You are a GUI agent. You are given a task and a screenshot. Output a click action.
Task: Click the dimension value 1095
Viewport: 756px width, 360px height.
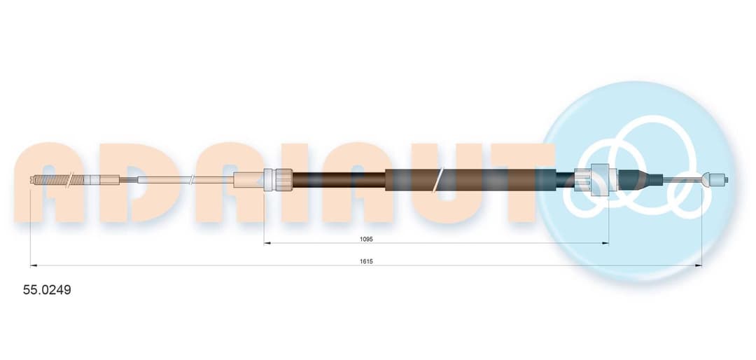pyautogui.click(x=366, y=238)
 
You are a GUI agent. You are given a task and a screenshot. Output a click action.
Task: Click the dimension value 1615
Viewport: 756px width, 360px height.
pyautogui.click(x=366, y=261)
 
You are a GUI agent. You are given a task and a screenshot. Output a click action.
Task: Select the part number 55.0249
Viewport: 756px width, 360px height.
pyautogui.click(x=48, y=290)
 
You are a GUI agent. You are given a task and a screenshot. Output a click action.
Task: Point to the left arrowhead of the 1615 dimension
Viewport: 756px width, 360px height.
pyautogui.click(x=34, y=265)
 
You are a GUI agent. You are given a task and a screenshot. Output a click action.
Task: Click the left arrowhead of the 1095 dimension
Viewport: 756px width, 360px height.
pyautogui.click(x=267, y=243)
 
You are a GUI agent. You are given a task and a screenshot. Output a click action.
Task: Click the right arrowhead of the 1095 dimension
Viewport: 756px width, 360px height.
pyautogui.click(x=605, y=243)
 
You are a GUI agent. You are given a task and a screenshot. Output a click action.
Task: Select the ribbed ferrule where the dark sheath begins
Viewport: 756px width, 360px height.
pyautogui.click(x=278, y=180)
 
